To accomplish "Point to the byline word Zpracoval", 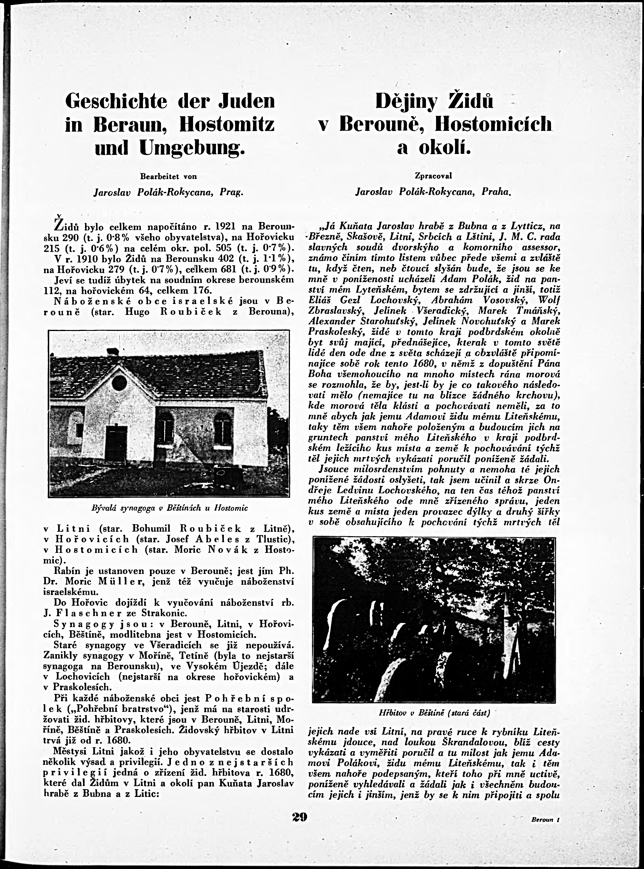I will [x=433, y=176].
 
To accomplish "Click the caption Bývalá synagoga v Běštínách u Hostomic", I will [x=169, y=508].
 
